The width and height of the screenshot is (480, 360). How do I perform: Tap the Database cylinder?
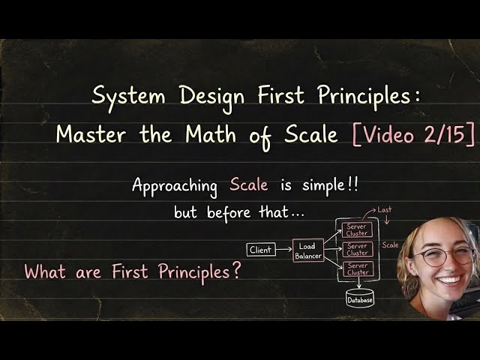pos(358,300)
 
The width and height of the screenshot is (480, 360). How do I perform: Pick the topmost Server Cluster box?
pos(357,230)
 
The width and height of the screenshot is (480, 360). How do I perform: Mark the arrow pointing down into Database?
pos(358,286)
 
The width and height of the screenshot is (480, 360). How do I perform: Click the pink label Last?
pos(385,210)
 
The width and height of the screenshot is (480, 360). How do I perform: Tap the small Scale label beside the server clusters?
pos(391,245)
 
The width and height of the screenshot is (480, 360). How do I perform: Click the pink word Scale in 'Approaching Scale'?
pos(249,185)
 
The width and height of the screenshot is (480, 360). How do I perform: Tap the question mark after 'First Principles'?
pos(237,271)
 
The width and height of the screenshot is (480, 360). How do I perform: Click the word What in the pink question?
pos(44,271)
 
